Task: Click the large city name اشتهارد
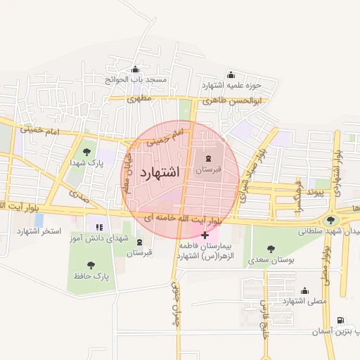pyautogui.click(x=160, y=172)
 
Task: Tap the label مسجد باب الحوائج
pyautogui.click(x=136, y=79)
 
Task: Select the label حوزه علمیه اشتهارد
pyautogui.click(x=231, y=85)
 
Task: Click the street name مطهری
pyautogui.click(x=139, y=100)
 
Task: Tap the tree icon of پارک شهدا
pyautogui.click(x=86, y=152)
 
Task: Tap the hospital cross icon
pyautogui.click(x=205, y=235)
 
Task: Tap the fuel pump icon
pyautogui.click(x=341, y=321)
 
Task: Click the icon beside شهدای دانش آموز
pyautogui.click(x=99, y=228)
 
